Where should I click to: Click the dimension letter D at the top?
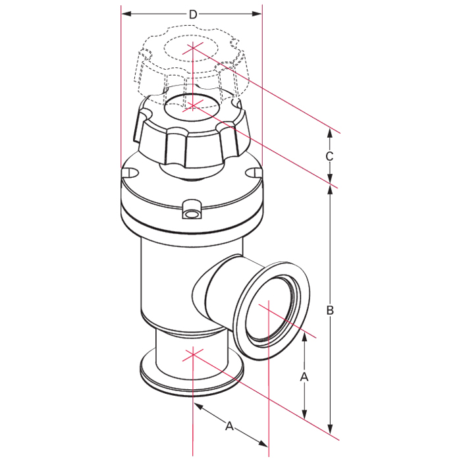(192, 14)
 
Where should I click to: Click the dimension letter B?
(330, 310)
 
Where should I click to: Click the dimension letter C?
(329, 156)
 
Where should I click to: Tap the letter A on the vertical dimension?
(304, 377)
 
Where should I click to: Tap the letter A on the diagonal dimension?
(229, 426)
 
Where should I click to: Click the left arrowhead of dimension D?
(126, 14)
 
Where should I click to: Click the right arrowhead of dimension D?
(257, 14)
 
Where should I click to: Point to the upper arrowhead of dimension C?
(330, 134)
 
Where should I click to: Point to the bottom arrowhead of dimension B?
(331, 429)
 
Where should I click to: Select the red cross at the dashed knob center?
(192, 49)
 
